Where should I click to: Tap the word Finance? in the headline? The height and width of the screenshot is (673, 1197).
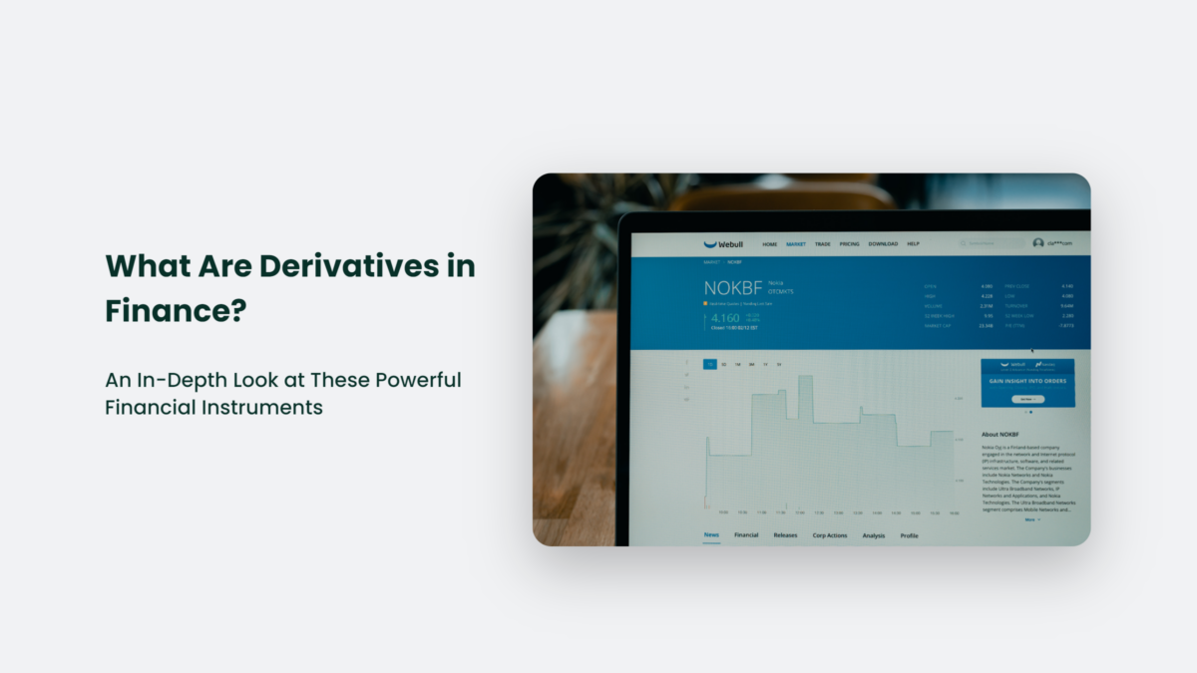click(x=176, y=311)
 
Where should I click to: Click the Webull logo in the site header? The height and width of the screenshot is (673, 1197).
click(x=723, y=243)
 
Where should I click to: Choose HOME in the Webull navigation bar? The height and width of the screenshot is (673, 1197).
click(x=769, y=244)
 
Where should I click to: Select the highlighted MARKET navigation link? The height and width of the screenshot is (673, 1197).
click(x=795, y=244)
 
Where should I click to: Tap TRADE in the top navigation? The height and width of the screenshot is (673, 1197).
click(x=822, y=244)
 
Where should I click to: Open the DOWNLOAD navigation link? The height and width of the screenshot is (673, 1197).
click(x=883, y=244)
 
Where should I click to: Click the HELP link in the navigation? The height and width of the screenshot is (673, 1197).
click(x=913, y=244)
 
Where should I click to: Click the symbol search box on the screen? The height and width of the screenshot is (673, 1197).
click(x=990, y=243)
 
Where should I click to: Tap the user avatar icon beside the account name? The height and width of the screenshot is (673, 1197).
click(x=1038, y=243)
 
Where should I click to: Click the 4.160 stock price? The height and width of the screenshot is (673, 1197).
click(x=725, y=318)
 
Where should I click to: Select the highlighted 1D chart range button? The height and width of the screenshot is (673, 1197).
click(x=709, y=365)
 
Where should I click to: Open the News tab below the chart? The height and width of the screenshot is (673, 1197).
click(x=711, y=535)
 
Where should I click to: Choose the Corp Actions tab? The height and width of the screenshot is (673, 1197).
click(x=829, y=535)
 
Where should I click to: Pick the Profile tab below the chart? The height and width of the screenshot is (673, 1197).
click(x=909, y=535)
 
